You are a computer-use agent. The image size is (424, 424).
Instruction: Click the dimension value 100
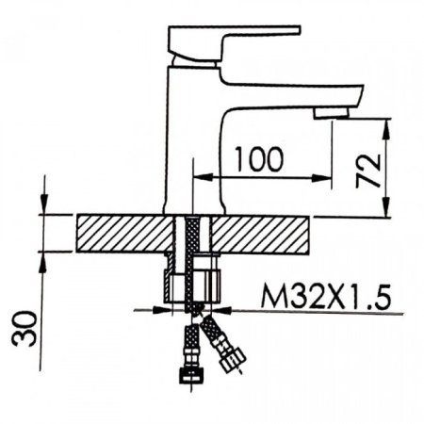(x=260, y=159)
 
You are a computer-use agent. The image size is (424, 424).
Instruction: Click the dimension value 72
(x=367, y=170)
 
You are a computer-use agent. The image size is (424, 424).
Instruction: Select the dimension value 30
(x=24, y=328)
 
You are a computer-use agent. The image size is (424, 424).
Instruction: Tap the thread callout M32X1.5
(x=326, y=297)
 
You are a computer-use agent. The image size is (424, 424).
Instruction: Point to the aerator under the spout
(x=332, y=113)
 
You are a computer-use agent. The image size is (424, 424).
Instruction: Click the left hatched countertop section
(x=125, y=233)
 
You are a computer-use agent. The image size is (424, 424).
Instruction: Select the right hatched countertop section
(x=259, y=234)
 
